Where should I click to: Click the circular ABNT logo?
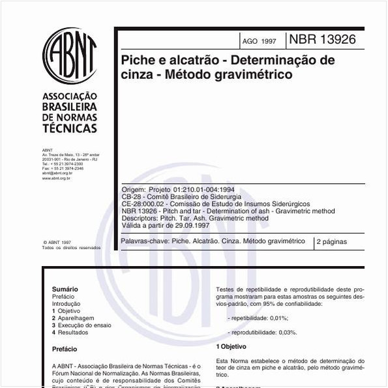[69, 55]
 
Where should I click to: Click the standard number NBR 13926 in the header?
[322, 39]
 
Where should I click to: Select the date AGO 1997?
[259, 41]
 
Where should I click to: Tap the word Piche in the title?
[138, 60]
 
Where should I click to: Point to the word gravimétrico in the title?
[252, 75]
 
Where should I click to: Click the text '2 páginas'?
[332, 242]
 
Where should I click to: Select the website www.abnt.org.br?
[56, 177]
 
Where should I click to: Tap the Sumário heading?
[65, 289]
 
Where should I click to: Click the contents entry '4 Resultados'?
[70, 332]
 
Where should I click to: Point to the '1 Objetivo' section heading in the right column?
[231, 346]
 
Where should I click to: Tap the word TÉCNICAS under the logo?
[69, 128]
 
